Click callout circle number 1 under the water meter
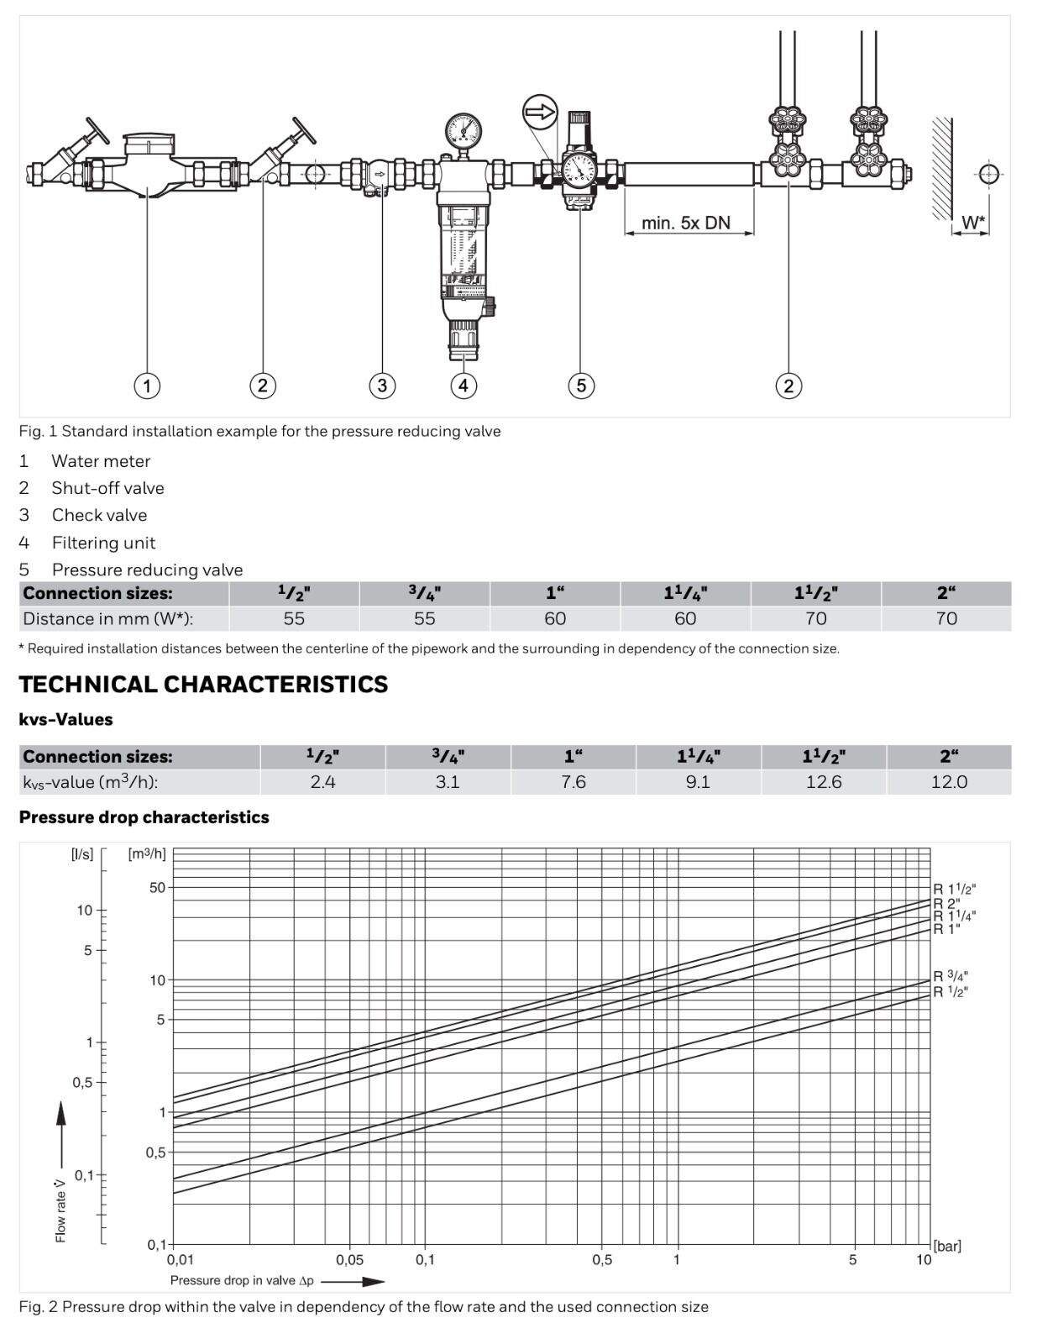(147, 386)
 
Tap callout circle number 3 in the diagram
(382, 386)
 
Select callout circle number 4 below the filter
(464, 386)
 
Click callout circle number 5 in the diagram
(581, 386)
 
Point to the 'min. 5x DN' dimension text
(686, 223)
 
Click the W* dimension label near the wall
(973, 223)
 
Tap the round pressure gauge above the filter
(464, 130)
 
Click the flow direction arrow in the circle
(540, 112)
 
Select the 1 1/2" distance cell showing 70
(815, 619)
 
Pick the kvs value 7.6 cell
(573, 782)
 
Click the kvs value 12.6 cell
(824, 782)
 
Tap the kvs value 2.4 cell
(322, 782)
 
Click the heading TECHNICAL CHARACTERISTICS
(203, 685)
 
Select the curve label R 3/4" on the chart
(951, 976)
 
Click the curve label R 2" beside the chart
(947, 904)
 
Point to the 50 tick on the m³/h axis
(158, 887)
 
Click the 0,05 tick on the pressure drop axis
(349, 1260)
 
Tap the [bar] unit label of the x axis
(947, 1246)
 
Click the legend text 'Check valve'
(99, 515)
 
